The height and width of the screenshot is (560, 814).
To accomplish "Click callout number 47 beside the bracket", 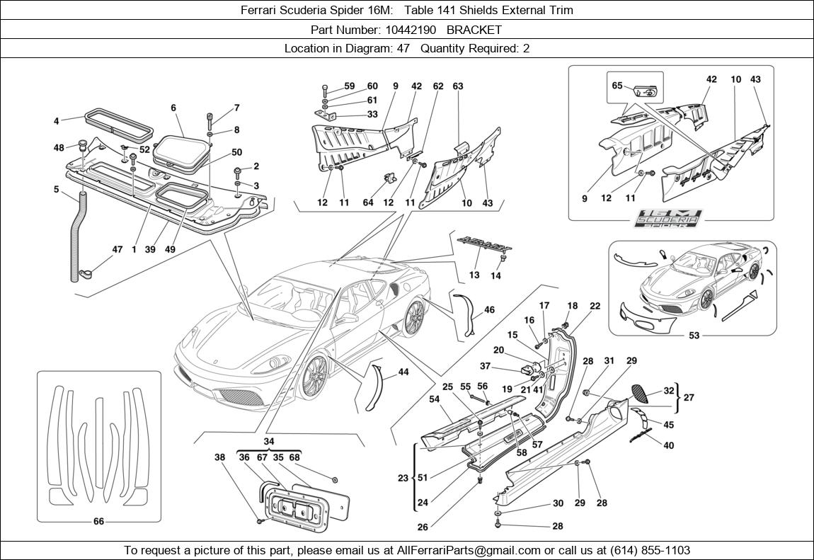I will [x=117, y=249].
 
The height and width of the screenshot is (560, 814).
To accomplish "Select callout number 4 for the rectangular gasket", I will [x=57, y=121].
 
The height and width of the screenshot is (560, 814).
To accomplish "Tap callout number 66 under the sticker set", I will [x=98, y=522].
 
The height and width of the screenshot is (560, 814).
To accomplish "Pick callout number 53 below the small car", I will [x=694, y=336].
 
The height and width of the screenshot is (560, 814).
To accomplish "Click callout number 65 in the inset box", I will [x=617, y=86].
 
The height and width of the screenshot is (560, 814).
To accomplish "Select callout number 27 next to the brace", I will [x=689, y=398].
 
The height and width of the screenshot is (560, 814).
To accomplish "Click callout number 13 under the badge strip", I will [x=474, y=275].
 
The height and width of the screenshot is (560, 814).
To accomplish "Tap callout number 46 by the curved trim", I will [x=489, y=309].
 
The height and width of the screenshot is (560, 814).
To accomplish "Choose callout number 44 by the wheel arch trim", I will [x=403, y=372].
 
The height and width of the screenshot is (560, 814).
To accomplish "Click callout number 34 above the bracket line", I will [x=268, y=442].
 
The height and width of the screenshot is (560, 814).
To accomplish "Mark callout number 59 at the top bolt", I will [x=349, y=86].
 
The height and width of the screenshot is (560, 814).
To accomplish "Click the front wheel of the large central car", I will [x=314, y=376].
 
